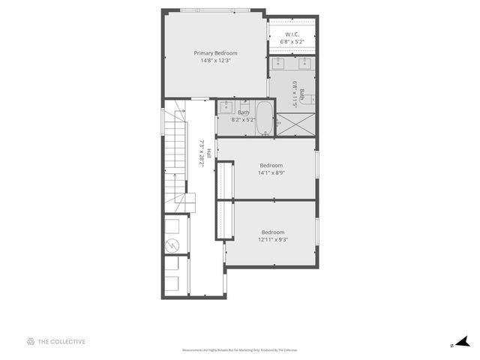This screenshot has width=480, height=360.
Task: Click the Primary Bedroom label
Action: [x=215, y=53]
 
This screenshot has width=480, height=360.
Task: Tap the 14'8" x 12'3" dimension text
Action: [x=215, y=61]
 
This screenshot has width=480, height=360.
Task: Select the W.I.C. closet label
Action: [x=292, y=34]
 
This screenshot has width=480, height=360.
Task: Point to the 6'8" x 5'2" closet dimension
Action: [x=292, y=42]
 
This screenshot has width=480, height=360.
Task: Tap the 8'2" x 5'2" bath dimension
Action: [x=243, y=119]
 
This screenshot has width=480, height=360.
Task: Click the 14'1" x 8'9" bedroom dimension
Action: [x=271, y=172]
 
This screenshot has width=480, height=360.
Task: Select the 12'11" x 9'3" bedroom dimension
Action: [x=273, y=239]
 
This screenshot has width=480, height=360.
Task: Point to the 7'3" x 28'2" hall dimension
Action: [x=201, y=154]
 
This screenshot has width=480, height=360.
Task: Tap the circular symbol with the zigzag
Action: [x=172, y=245]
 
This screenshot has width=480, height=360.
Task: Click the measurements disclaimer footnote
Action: [x=240, y=350]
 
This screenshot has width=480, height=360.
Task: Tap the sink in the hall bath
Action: [x=226, y=108]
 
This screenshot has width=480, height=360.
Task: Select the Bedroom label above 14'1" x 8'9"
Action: [x=271, y=165]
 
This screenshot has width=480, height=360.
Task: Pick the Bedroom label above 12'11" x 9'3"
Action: [x=273, y=232]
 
